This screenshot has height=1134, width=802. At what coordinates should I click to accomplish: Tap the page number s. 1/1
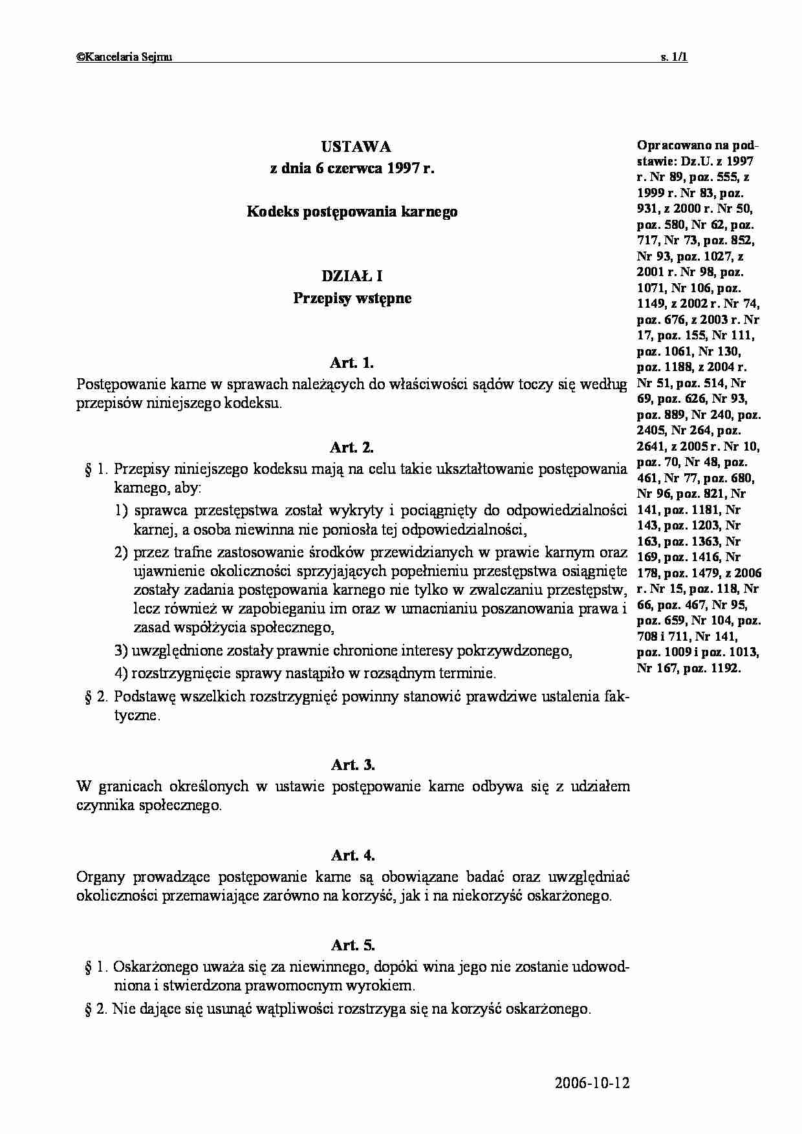[673, 57]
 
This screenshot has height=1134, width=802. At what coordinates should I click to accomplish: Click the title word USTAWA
[352, 147]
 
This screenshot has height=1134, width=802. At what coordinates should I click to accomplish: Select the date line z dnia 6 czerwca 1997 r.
[352, 169]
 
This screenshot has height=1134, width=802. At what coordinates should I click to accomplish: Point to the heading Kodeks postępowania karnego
[352, 211]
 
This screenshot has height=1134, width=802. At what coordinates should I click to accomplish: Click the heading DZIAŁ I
[352, 277]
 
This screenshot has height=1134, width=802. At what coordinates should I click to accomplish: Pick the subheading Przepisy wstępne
[352, 299]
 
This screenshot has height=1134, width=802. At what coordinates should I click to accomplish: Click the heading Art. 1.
[352, 363]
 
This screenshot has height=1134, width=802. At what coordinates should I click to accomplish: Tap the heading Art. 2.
[352, 447]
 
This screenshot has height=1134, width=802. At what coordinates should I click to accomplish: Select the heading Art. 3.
[352, 765]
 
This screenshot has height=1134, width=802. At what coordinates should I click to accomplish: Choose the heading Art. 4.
[352, 855]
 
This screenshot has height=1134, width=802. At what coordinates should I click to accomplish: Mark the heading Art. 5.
[352, 945]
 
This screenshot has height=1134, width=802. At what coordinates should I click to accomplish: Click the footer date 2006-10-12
[592, 1084]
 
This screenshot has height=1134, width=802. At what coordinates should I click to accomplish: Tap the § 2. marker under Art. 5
[97, 1009]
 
